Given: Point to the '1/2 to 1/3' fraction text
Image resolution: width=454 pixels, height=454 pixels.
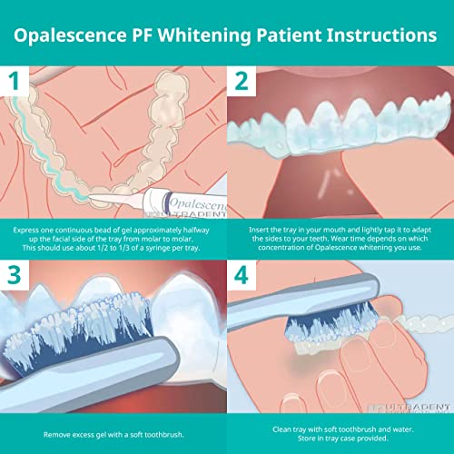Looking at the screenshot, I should coord(122,256).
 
